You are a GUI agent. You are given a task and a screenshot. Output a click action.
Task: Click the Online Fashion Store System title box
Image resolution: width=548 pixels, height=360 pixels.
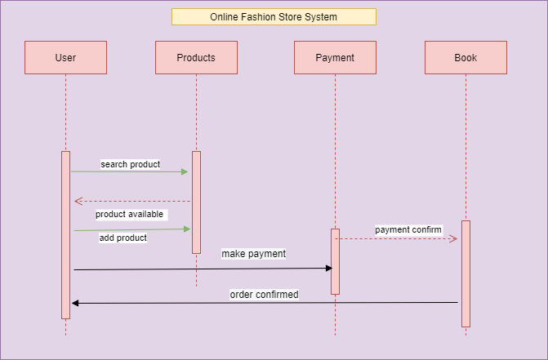(274, 17)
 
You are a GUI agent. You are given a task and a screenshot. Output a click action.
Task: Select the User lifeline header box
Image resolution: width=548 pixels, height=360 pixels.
(65, 58)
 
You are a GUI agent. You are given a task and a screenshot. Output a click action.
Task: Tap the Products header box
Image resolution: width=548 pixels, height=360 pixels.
(196, 58)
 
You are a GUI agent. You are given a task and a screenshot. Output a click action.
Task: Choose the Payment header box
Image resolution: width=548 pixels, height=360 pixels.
(335, 58)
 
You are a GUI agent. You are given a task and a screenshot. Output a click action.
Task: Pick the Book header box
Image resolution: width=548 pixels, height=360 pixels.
(466, 58)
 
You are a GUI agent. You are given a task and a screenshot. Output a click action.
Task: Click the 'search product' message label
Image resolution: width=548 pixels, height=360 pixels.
(131, 164)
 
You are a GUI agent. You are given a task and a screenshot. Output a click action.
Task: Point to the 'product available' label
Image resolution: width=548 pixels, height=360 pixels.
(130, 214)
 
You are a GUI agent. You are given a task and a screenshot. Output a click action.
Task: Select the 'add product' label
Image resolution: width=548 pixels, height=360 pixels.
(123, 238)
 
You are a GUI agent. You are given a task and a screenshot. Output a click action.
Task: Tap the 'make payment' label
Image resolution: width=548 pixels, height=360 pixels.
(254, 254)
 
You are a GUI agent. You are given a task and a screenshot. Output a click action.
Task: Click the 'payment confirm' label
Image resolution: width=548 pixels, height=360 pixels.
(408, 229)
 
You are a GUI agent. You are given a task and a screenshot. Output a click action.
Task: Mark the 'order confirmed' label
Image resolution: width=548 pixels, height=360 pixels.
(265, 295)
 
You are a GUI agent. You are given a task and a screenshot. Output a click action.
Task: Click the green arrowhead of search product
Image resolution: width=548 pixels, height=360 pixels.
(185, 171)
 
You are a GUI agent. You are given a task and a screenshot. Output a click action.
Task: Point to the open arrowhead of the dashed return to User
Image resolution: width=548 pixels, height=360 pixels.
(78, 201)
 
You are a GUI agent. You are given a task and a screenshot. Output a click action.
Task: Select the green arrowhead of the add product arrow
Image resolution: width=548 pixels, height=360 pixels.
(187, 229)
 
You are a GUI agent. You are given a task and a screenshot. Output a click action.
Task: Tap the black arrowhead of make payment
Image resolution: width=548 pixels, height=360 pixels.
(329, 269)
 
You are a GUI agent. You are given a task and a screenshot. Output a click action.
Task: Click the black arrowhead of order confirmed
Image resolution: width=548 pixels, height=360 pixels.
(75, 303)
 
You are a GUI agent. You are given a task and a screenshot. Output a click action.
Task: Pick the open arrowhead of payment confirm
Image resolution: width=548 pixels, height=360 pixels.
(453, 239)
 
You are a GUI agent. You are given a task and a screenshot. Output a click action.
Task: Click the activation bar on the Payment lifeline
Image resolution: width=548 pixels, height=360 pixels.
(335, 261)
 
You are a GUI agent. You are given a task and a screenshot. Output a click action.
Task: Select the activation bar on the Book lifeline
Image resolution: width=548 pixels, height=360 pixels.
(466, 273)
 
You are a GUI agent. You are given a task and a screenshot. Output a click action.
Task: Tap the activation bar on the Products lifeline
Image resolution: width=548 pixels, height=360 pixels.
(196, 202)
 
